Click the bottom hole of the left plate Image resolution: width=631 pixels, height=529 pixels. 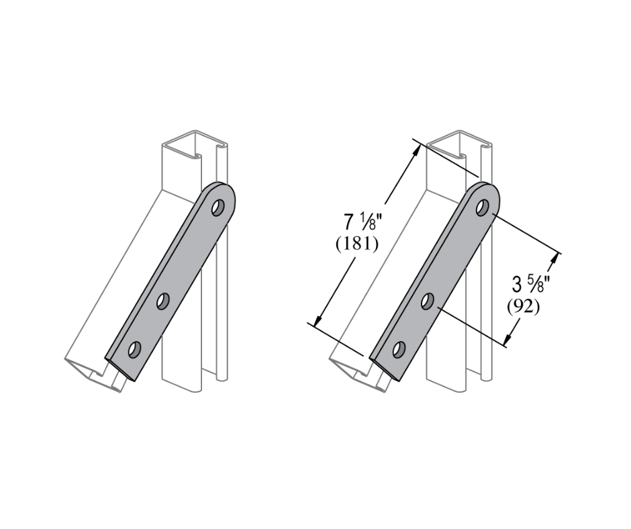134,350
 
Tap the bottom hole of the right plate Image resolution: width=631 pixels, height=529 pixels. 399,350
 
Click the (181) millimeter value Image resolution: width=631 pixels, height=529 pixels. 357,244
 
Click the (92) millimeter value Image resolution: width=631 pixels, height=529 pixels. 523,307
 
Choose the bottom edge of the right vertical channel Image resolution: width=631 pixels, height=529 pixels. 446,390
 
